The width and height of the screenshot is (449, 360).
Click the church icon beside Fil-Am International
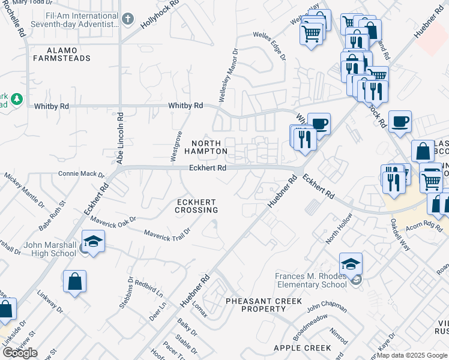coord(127,19)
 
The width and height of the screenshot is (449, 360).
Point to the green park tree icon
coord(18,98)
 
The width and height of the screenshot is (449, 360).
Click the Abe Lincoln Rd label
coord(120,138)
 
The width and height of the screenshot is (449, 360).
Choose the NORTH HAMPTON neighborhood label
coord(209,147)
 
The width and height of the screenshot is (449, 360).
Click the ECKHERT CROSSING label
coord(196,206)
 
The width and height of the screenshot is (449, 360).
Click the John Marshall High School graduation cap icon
coord(93,242)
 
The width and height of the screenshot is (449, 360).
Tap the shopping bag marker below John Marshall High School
coord(74,281)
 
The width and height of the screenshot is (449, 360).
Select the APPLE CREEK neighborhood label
coord(302,348)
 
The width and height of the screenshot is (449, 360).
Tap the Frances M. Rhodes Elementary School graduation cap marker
coord(351,264)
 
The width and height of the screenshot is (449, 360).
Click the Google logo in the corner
coord(20,353)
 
